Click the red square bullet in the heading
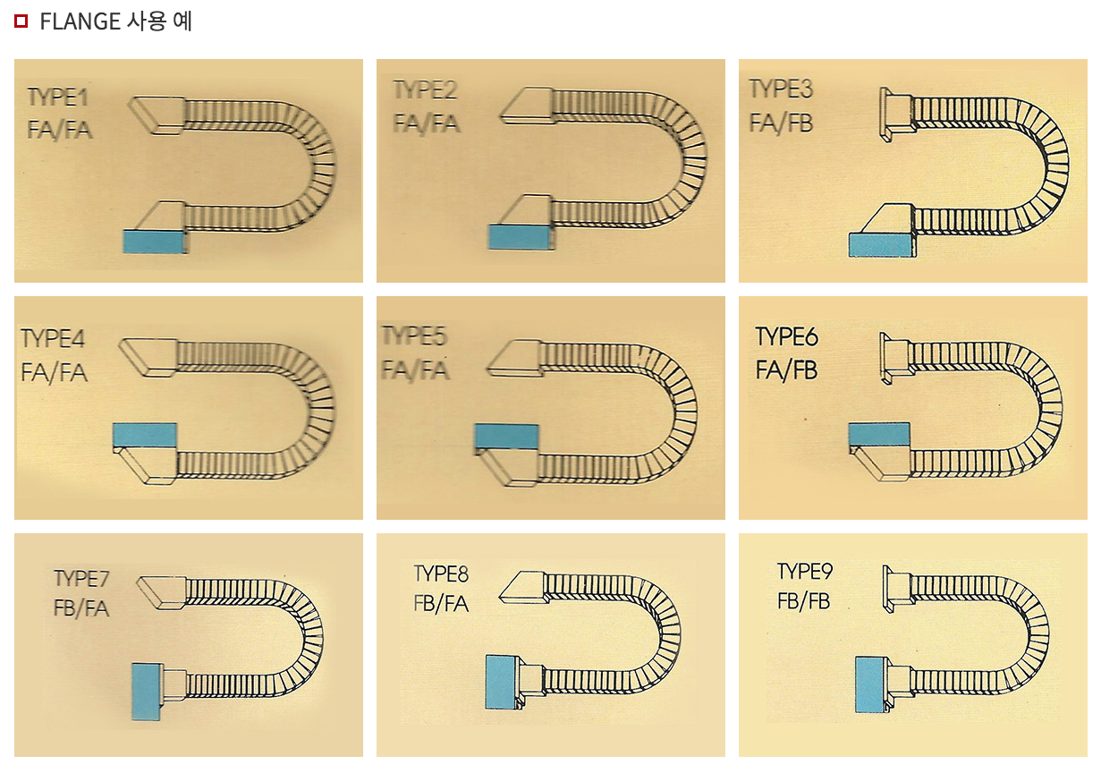(x=21, y=21)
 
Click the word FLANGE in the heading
(x=80, y=21)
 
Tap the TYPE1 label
(x=58, y=98)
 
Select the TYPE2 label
(x=426, y=90)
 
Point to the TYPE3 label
(x=782, y=89)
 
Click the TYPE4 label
(x=53, y=339)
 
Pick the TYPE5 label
(x=415, y=336)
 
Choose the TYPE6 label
(x=787, y=336)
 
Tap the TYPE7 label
(x=81, y=579)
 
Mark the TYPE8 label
(x=441, y=573)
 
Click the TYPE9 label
(x=805, y=572)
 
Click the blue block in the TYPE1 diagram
(x=154, y=242)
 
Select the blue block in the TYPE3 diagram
(x=880, y=245)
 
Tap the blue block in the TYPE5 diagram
(x=506, y=437)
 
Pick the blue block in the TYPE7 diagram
(x=147, y=692)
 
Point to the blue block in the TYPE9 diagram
(x=870, y=685)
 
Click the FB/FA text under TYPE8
(x=441, y=604)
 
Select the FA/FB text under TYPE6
(x=786, y=370)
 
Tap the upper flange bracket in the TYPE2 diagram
(x=527, y=106)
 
